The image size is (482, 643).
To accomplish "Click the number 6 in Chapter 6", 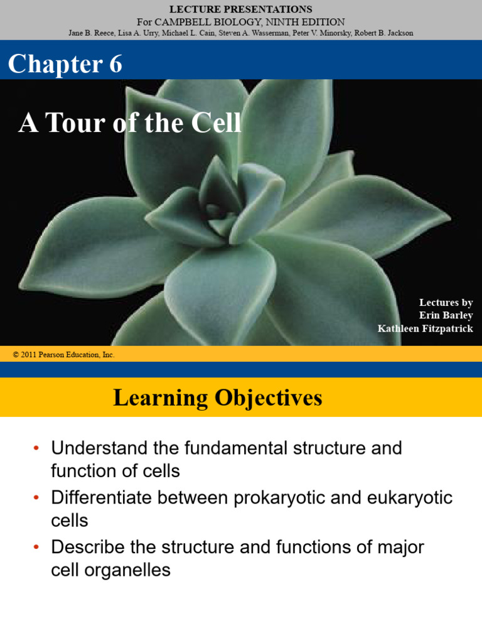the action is [115, 64].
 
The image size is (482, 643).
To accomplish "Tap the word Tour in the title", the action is [75, 122].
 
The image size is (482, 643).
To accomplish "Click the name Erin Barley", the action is [446, 315].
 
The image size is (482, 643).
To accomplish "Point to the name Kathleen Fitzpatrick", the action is [426, 328].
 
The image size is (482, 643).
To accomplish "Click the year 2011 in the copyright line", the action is [28, 355].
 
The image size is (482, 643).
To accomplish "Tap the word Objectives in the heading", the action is [269, 398].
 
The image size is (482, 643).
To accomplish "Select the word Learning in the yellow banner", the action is [161, 398].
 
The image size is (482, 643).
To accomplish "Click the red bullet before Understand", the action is [36, 448].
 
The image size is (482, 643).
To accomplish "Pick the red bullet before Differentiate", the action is [36, 497].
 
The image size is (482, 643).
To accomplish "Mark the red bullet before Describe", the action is [36, 547].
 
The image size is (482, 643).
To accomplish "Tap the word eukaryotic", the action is [410, 498].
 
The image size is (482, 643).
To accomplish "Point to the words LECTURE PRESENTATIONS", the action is [241, 9].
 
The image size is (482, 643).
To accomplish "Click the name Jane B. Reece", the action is [92, 33].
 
